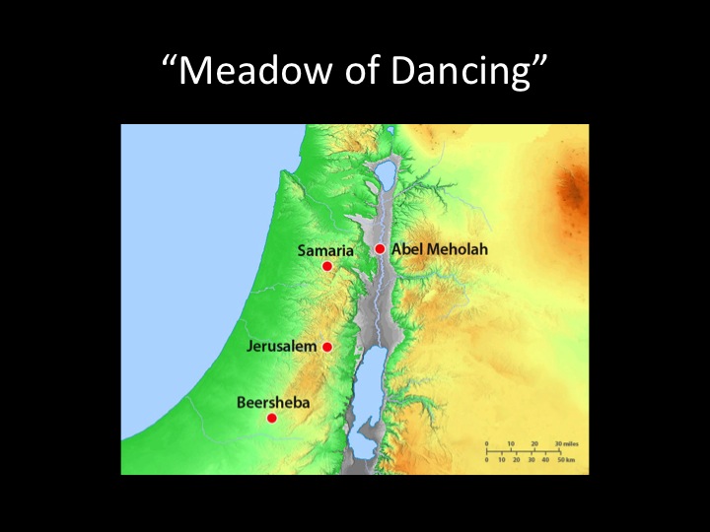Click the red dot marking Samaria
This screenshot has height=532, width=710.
click(327, 266)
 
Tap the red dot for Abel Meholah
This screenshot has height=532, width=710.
click(380, 248)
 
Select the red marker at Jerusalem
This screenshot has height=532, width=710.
click(327, 347)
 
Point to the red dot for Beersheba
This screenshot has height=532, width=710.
click(272, 418)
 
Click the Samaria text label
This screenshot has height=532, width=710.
click(325, 251)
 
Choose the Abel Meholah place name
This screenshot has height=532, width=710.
click(439, 249)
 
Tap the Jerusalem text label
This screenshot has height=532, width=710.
click(282, 347)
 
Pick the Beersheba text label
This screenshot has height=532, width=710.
click(266, 402)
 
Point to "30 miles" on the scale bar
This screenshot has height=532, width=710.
click(564, 444)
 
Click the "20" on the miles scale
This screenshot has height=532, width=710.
click(534, 444)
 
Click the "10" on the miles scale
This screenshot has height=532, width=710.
click(511, 444)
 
